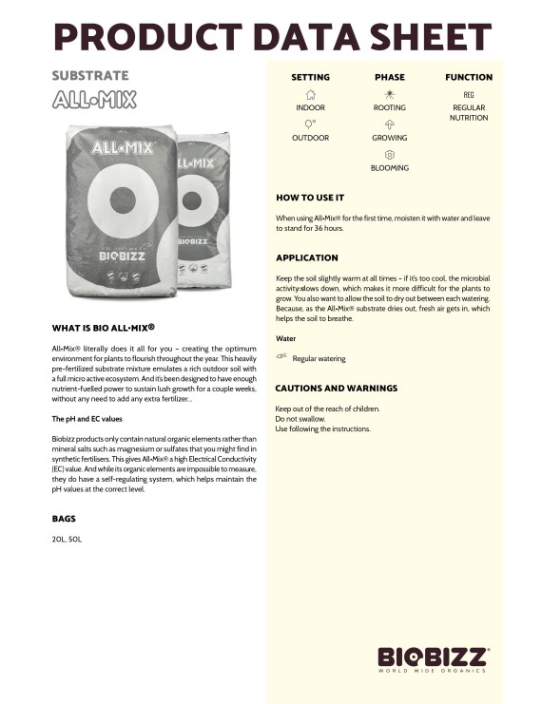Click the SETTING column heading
310,77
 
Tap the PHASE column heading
389,77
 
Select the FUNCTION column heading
469,77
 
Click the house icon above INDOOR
310,95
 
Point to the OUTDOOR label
310,138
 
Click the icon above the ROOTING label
389,95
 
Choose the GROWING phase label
389,138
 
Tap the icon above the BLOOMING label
389,154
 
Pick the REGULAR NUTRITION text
469,113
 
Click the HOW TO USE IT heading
309,198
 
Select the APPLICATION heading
306,257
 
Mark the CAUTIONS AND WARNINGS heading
336,389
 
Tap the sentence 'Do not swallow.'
300,419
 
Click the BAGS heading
64,519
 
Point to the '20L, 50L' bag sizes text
67,540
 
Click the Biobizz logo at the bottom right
434,658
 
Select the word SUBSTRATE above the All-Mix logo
90,75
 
